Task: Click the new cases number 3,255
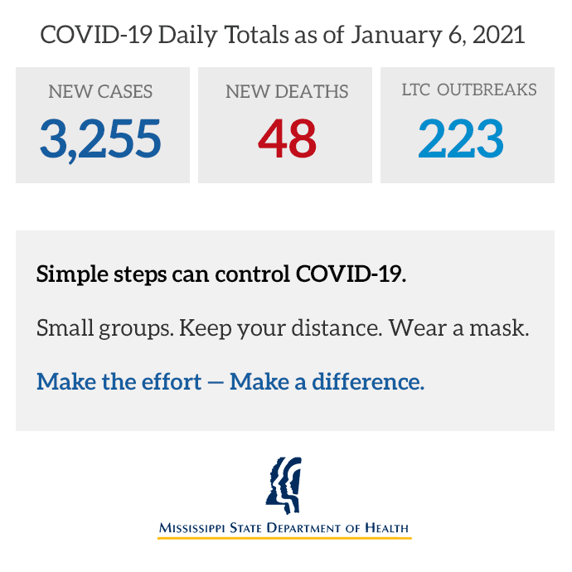[x=100, y=139]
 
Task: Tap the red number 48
[x=287, y=138]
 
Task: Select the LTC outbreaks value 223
[x=461, y=138]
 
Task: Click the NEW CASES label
[x=100, y=91]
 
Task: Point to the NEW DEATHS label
[x=287, y=91]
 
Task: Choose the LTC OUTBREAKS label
[x=469, y=90]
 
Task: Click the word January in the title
[x=396, y=36]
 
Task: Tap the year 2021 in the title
[x=499, y=35]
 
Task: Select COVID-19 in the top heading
[x=96, y=35]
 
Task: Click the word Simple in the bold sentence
[x=72, y=274]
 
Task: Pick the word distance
[x=337, y=327]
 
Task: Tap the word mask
[x=499, y=327]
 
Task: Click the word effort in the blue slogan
[x=172, y=381]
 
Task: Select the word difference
[x=368, y=381]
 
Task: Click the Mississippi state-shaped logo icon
[x=284, y=485]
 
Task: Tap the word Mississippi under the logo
[x=191, y=528]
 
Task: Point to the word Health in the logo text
[x=386, y=528]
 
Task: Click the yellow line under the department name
[x=284, y=538]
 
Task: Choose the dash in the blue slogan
[x=216, y=383]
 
